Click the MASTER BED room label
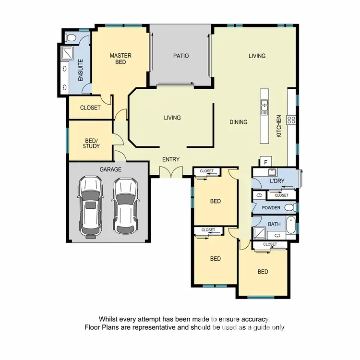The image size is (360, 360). (120, 59)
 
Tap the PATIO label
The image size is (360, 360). (181, 56)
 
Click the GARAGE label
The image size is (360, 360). (110, 169)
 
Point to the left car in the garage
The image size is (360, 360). (90, 206)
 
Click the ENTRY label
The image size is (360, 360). (170, 159)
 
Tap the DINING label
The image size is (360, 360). (238, 122)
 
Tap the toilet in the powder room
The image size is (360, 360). (289, 207)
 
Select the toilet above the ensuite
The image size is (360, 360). (71, 36)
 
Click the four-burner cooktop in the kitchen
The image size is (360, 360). (291, 120)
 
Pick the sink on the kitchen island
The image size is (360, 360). (264, 107)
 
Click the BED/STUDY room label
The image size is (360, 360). (91, 143)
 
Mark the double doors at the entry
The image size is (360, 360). (170, 171)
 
